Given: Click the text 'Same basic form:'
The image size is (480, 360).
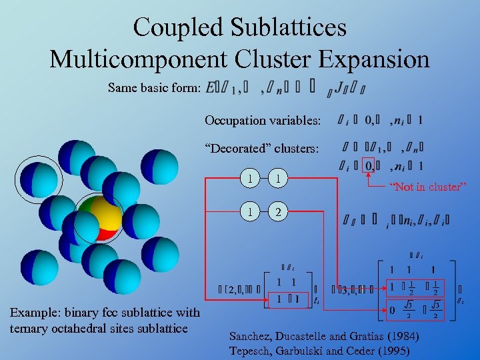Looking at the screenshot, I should pos(154,87).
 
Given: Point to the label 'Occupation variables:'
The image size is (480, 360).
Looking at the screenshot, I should pos(263,121).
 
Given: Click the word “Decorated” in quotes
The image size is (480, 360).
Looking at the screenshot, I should pos(238,148).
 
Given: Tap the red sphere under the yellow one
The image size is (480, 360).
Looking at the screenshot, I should pos(105,233).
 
